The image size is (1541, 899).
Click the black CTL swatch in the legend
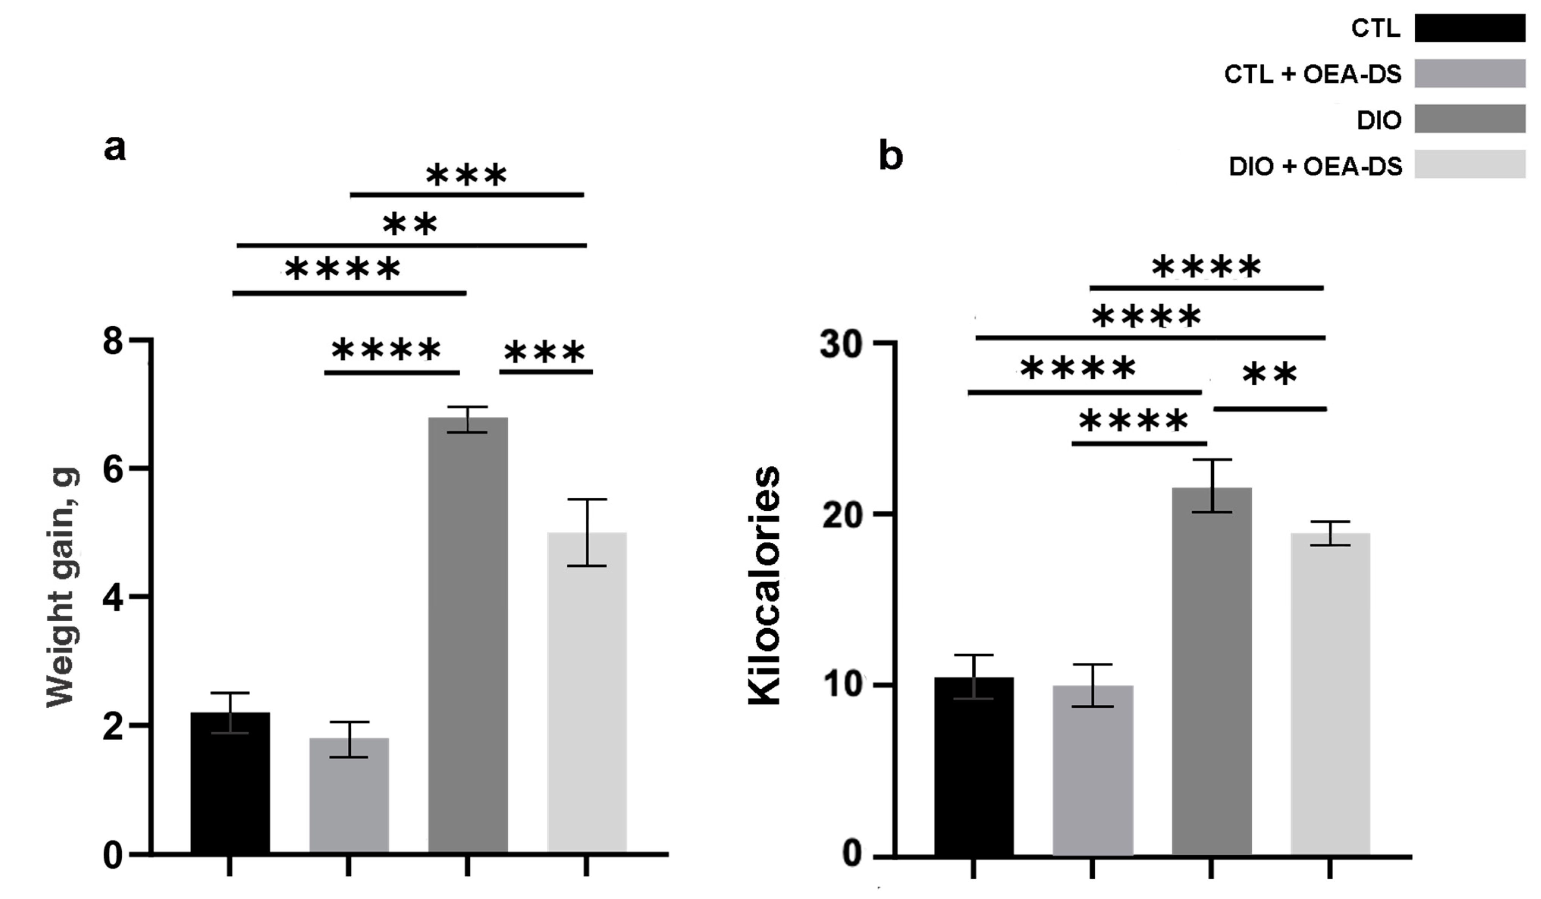pyautogui.click(x=1469, y=28)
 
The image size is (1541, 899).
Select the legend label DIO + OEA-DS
pyautogui.click(x=1315, y=166)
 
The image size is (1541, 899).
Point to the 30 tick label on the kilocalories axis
pyautogui.click(x=841, y=344)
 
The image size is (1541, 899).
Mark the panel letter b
pyautogui.click(x=890, y=155)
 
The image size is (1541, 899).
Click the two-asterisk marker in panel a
pyautogui.click(x=410, y=224)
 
